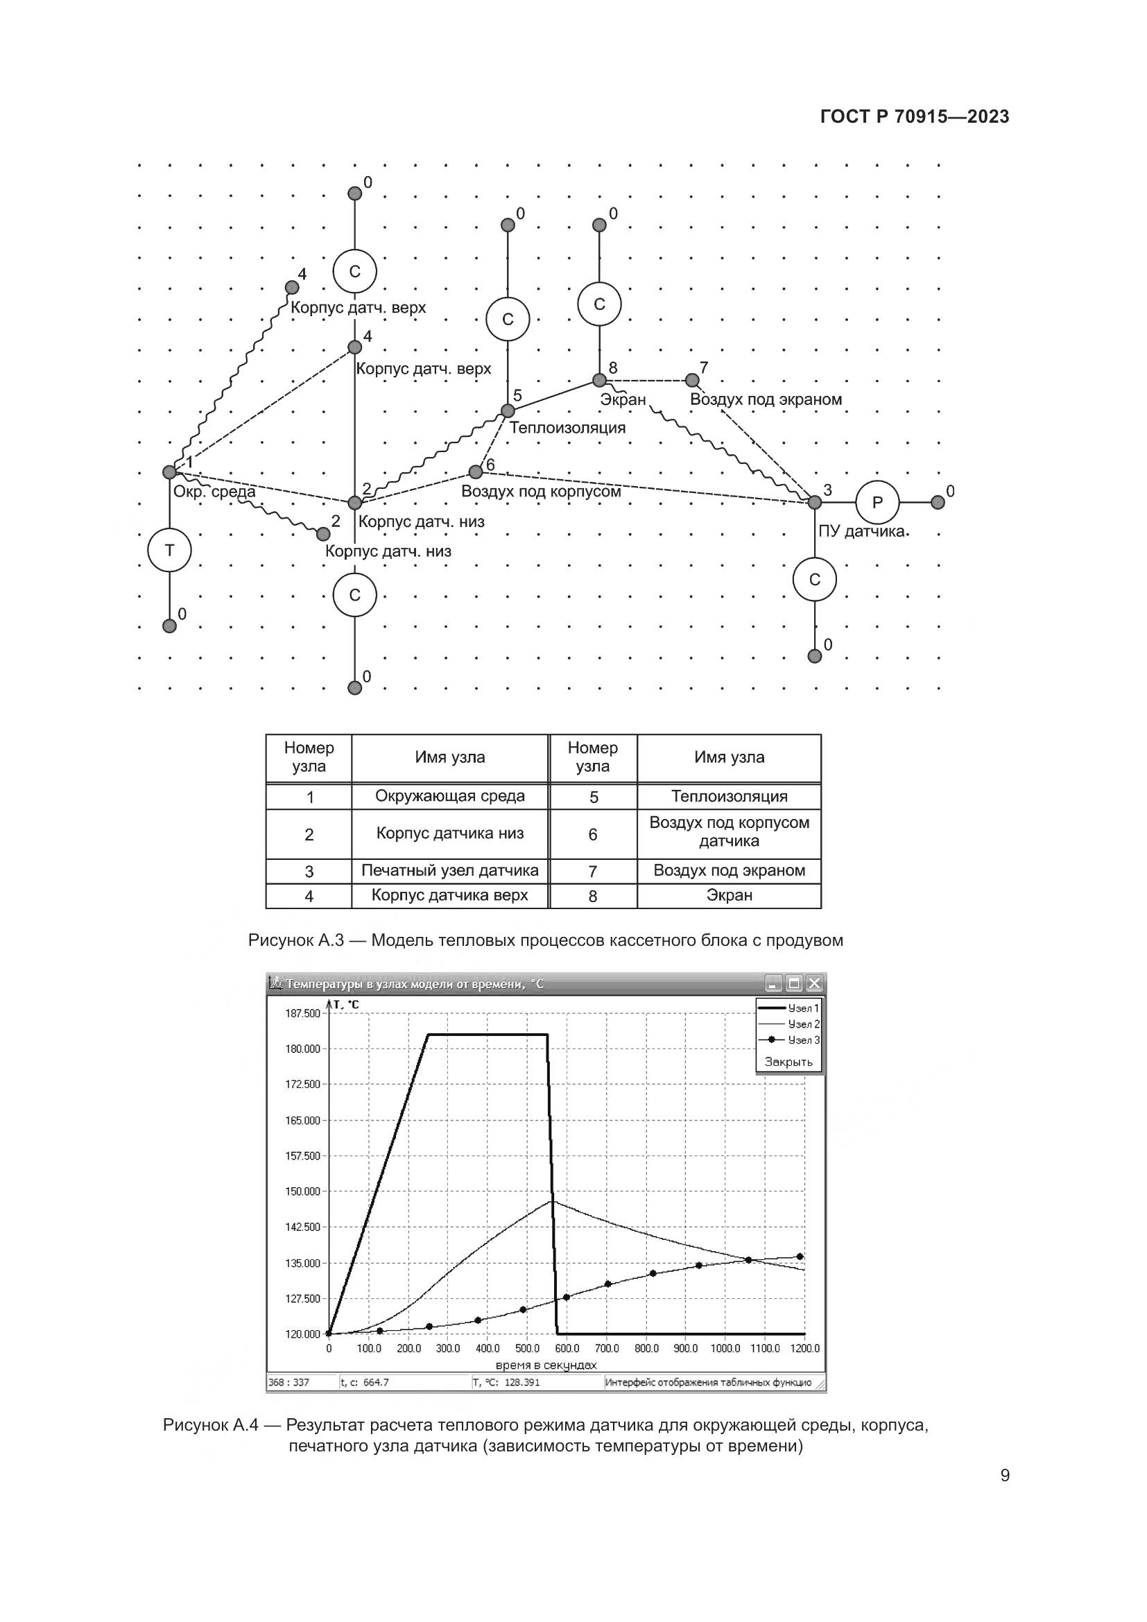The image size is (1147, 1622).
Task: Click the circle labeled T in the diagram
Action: pos(169,550)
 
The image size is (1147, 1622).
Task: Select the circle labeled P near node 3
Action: pos(877,502)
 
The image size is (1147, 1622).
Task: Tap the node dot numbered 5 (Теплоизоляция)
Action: pos(507,411)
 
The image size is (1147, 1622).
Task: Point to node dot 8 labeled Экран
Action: pos(599,380)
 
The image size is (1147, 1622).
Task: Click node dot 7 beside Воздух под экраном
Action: pos(692,380)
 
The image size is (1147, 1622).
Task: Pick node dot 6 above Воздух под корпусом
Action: pos(475,471)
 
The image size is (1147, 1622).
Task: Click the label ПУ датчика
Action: pos(863,531)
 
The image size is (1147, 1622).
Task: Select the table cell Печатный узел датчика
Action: pos(450,870)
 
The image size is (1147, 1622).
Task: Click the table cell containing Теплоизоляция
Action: pos(729,796)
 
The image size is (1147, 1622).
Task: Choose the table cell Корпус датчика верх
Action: pos(450,895)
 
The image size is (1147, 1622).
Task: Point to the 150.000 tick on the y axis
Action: pos(303,1191)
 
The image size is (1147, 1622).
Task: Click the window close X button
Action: pos(814,983)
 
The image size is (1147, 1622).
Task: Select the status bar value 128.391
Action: pos(522,1383)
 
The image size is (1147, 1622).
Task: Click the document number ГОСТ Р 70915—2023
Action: pos(915,117)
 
